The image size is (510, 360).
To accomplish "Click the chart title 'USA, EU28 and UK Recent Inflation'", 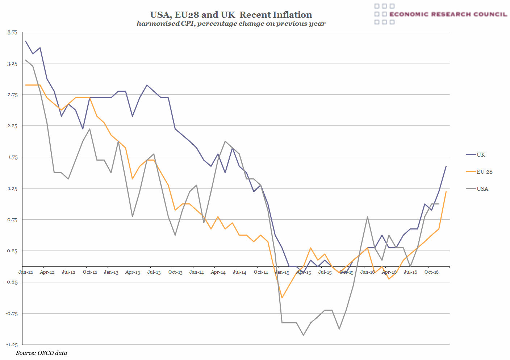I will [x=231, y=15].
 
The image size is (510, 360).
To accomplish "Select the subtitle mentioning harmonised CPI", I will [x=231, y=24].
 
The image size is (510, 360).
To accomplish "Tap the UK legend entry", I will [x=481, y=155].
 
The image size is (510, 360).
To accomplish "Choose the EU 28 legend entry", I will [x=484, y=172].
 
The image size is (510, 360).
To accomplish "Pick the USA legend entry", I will [x=482, y=189].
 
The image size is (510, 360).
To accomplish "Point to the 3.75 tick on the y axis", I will [x=12, y=32].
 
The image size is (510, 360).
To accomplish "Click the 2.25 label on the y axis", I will [x=12, y=126].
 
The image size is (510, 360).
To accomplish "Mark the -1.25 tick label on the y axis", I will [x=12, y=345].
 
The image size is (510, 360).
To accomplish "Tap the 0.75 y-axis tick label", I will [x=12, y=220].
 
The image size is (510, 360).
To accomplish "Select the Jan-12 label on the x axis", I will [x=26, y=272].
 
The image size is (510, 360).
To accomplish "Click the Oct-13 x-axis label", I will [x=175, y=272].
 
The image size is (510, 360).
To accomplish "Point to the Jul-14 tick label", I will [x=239, y=272].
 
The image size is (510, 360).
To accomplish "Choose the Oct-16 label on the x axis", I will [x=431, y=272].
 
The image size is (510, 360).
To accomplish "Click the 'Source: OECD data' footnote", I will [x=42, y=353].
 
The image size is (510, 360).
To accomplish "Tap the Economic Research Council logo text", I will [x=448, y=14].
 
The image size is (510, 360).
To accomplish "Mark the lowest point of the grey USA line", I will [x=303, y=335].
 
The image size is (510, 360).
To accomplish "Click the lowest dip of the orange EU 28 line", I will [x=282, y=298].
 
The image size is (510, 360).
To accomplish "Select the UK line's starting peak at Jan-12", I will [x=25, y=41].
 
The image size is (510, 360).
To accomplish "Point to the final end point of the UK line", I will [x=446, y=166].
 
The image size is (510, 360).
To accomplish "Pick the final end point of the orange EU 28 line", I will [x=446, y=191].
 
